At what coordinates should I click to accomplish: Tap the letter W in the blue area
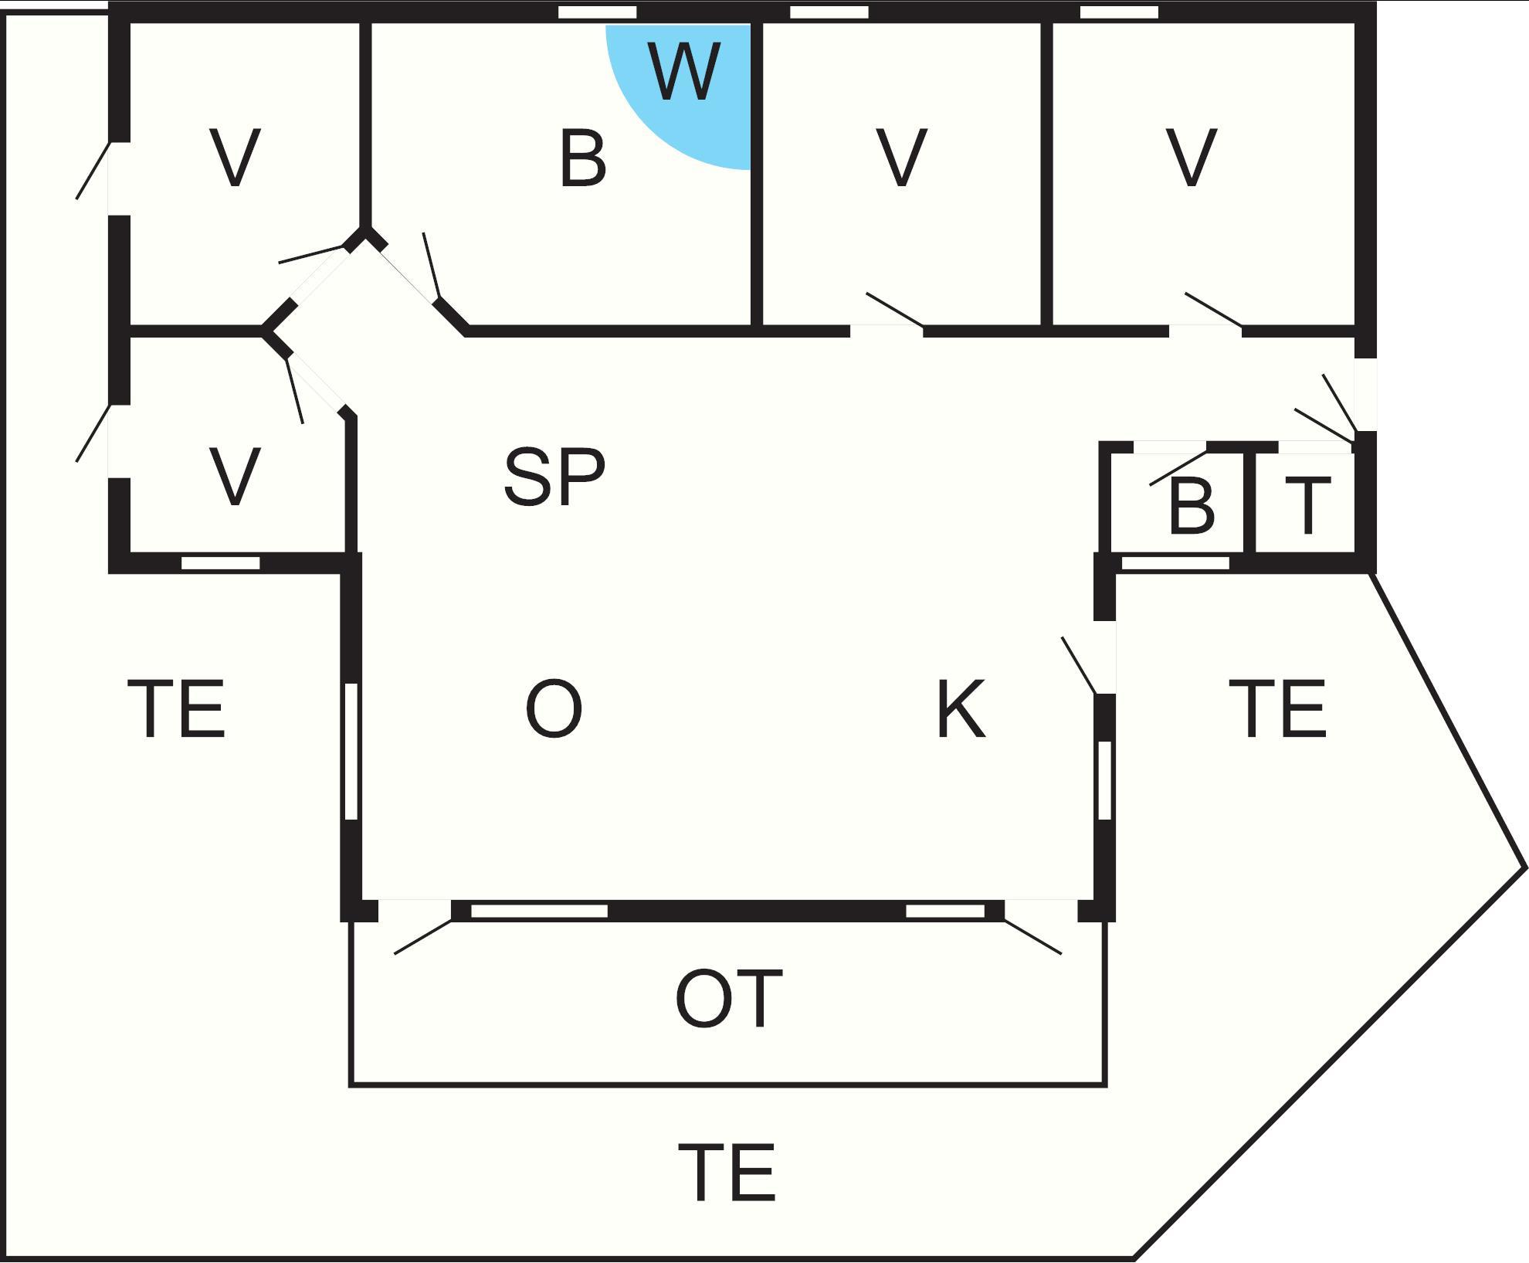(685, 72)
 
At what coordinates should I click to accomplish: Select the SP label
(554, 477)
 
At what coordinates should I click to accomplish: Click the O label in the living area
(554, 709)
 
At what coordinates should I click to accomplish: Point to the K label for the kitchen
(961, 709)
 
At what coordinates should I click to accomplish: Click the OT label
(729, 999)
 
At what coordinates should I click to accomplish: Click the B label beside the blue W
(582, 159)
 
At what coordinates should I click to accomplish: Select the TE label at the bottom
(727, 1173)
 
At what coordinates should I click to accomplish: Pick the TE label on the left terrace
(177, 709)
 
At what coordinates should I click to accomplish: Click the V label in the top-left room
(235, 158)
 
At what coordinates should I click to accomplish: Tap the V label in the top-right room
(1192, 158)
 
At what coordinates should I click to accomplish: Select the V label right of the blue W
(902, 158)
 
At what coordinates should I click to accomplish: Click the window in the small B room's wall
(1175, 563)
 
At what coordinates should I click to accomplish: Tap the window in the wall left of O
(351, 751)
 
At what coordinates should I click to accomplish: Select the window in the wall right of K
(1104, 780)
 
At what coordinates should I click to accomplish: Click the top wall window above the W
(597, 12)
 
